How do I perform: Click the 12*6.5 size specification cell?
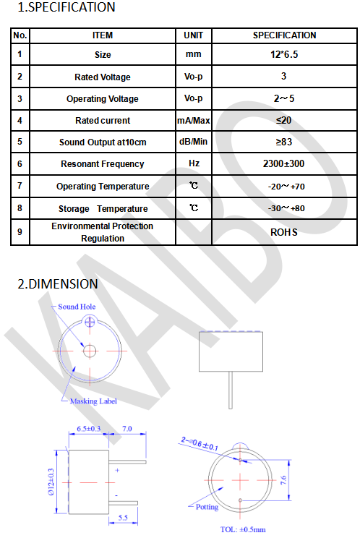coord(284,54)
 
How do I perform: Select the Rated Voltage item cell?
coord(103,77)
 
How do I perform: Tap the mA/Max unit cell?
coord(193,121)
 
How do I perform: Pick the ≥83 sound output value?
coord(284,142)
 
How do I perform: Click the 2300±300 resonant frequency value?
coord(283,163)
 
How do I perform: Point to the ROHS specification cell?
coord(284,232)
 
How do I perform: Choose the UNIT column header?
coord(193,35)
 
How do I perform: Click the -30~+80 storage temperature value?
coord(286,208)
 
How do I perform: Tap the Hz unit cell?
coord(194,163)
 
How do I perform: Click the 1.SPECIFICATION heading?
coord(67,7)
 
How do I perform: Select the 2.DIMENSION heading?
coord(58,284)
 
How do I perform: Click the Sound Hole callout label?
coord(77,307)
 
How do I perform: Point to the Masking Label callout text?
coord(93,401)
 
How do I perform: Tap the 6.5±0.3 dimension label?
coord(88,429)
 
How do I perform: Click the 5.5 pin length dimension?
coord(123,518)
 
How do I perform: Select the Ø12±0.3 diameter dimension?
coord(51,482)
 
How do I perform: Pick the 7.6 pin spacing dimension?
coord(283,480)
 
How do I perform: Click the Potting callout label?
coord(207,507)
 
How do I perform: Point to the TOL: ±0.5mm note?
coord(243,529)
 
